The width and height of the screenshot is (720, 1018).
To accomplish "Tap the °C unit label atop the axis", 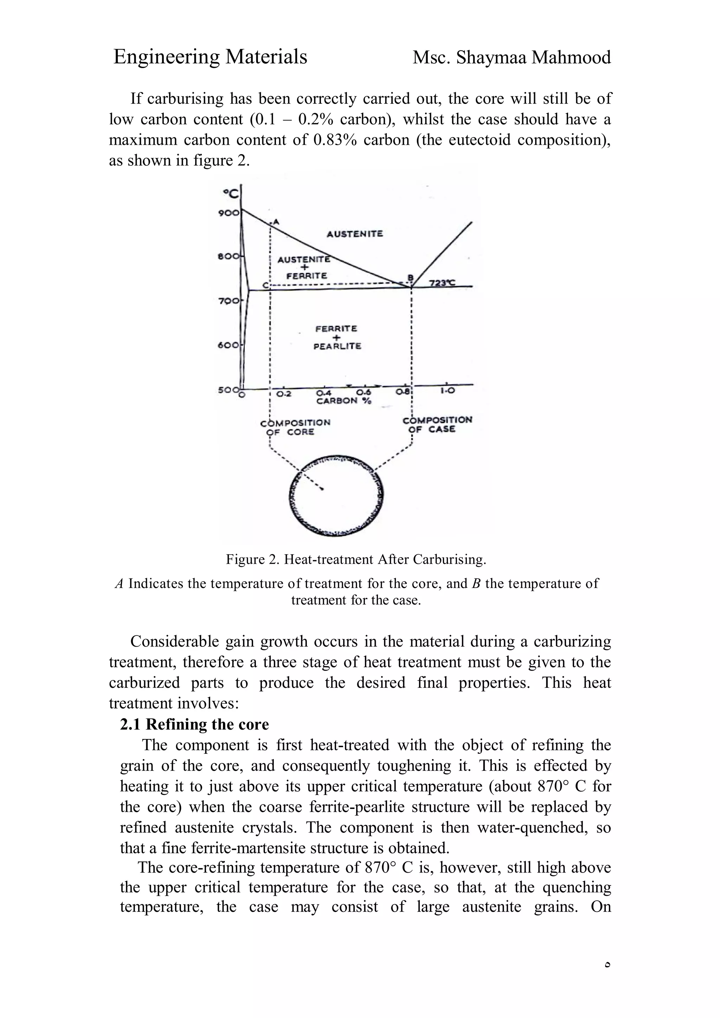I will coord(230,194).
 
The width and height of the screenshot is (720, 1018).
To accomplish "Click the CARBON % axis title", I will coord(344,401).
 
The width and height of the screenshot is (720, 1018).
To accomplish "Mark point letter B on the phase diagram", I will coord(410,278).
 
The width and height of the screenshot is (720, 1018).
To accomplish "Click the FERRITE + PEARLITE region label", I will coord(337,338).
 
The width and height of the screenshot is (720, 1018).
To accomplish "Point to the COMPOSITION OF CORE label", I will coord(295,427).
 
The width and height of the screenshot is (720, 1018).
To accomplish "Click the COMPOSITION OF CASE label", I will coord(437,424).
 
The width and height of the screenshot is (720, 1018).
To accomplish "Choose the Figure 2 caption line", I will coord(356,560).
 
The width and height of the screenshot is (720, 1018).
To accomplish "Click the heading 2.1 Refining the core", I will coord(194,724).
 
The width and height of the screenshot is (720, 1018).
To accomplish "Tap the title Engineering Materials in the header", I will coord(210,57).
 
